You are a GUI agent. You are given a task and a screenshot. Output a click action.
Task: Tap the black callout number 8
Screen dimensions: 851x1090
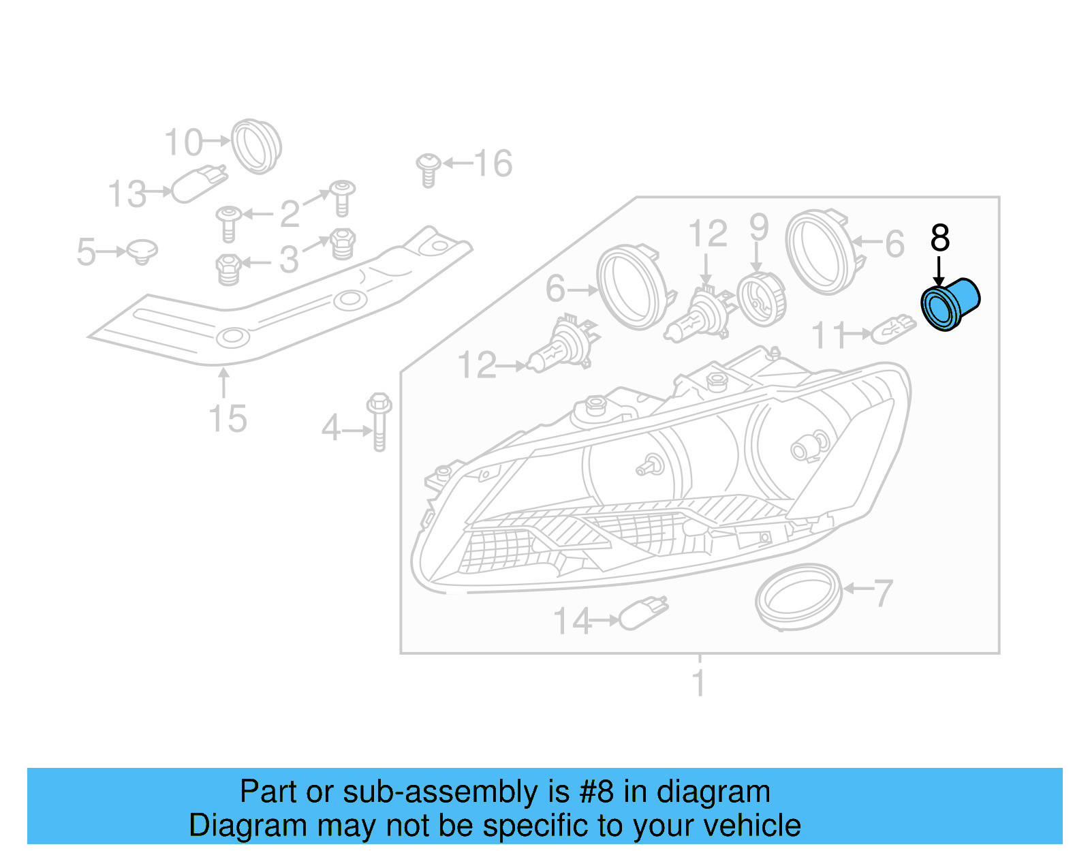[x=939, y=238]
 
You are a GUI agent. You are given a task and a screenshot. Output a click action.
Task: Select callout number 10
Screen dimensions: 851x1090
[x=183, y=142]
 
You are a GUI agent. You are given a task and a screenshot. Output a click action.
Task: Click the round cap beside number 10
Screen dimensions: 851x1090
[x=255, y=146]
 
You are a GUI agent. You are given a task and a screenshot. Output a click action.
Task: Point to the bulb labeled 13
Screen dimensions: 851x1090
[x=198, y=183]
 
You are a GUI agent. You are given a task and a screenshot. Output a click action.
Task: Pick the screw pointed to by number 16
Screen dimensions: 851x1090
[x=428, y=169]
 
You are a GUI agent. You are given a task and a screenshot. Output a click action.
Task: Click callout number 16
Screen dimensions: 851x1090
[x=493, y=164]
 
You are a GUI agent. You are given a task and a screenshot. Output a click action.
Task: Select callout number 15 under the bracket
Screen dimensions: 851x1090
[x=228, y=418]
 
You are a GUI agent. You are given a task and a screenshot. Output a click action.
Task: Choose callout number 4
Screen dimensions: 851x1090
[x=330, y=429]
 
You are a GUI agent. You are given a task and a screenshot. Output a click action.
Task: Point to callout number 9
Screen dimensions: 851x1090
[x=758, y=228]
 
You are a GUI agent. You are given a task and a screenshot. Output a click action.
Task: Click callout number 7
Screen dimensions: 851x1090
[x=882, y=593]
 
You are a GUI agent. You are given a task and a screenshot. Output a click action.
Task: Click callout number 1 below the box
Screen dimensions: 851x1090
[x=698, y=683]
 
